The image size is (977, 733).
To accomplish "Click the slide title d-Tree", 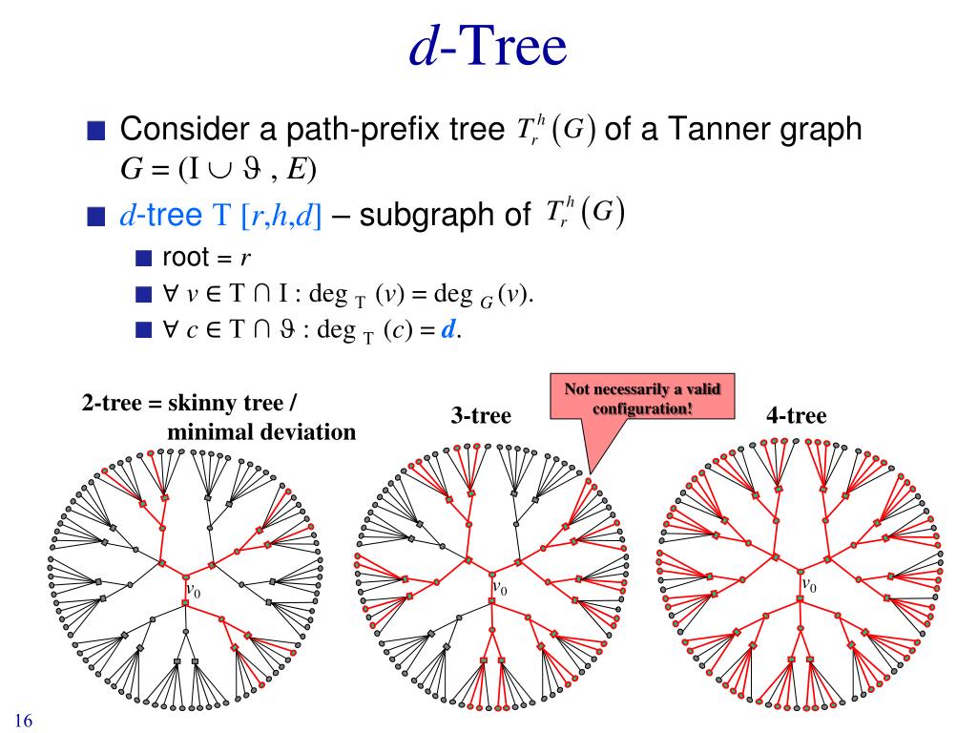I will click(488, 48).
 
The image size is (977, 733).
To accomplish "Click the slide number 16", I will click(24, 721).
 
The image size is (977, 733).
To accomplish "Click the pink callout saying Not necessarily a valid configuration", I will click(642, 398).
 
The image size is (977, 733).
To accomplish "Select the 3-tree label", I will click(481, 415).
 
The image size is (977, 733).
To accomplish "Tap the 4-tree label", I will click(796, 415).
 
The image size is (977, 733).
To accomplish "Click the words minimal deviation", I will click(260, 432).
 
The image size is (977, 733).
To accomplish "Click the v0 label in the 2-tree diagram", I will click(193, 592).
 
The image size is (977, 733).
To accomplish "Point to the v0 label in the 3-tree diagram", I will click(499, 589).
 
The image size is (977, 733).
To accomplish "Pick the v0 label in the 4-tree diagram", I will click(808, 585).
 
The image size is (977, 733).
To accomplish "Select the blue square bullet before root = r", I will click(143, 258).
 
